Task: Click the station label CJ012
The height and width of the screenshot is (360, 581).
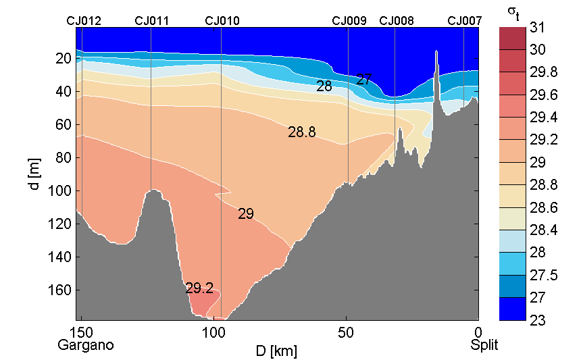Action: point(84,21)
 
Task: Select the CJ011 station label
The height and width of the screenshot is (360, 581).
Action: point(152,21)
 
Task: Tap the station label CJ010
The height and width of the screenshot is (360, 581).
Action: point(222,21)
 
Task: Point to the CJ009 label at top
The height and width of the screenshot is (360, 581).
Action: point(349,21)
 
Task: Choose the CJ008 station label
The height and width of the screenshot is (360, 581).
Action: point(397,21)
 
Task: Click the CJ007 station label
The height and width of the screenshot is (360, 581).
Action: point(465,21)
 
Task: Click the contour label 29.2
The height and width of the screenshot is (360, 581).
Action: point(199,288)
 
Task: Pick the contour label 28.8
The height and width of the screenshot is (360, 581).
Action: point(302,132)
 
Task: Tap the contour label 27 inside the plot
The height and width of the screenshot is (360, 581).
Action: point(363,80)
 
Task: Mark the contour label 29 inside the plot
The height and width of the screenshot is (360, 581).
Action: point(246,214)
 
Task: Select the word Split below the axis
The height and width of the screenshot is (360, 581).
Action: point(484,345)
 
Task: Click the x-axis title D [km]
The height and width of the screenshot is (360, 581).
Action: point(276,351)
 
